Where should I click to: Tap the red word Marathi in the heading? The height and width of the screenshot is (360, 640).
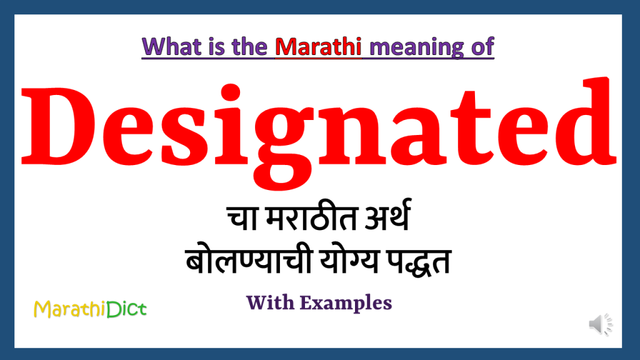click(x=319, y=46)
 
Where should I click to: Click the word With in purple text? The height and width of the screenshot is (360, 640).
click(x=270, y=302)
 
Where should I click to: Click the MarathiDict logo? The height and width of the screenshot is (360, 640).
click(x=90, y=307)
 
